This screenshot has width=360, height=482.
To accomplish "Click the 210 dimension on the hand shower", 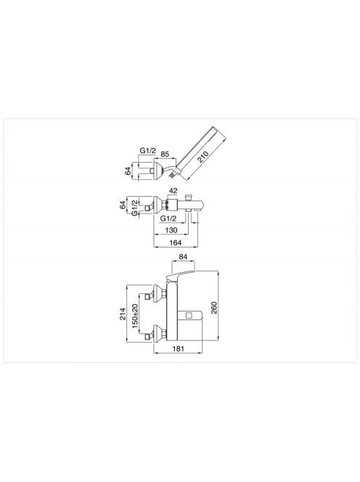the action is [203, 157].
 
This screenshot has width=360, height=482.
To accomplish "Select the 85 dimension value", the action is [165, 154].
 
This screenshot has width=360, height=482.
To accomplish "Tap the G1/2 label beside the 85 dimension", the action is [148, 151].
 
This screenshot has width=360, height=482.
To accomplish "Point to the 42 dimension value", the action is [173, 191].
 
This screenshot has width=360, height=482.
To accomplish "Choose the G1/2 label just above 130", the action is [168, 218].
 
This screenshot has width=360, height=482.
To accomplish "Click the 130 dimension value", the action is [171, 230].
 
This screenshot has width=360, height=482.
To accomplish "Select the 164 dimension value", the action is [176, 242].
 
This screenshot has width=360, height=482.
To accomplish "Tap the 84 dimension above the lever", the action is [183, 257].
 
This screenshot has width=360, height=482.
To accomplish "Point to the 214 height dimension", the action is [123, 314].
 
